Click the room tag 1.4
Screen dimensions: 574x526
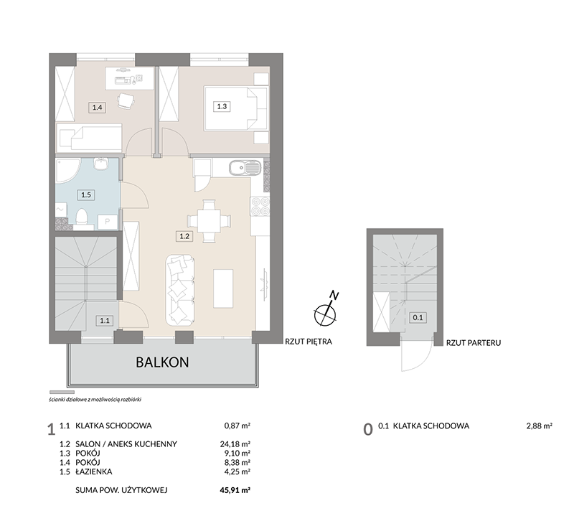pos(97,108)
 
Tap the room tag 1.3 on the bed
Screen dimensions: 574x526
pos(222,106)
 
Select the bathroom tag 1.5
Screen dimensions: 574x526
pos(86,194)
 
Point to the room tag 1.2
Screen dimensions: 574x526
pos(184,237)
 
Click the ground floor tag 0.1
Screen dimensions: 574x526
pos(418,318)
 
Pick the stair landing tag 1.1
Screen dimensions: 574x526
pos(105,321)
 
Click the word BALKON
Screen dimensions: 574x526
pos(163,362)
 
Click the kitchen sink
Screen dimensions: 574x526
pos(245,168)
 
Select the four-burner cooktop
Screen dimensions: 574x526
pos(260,207)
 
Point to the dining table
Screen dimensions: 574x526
pos(209,221)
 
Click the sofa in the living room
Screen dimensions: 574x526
pos(180,290)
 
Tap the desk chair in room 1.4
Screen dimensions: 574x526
pos(126,100)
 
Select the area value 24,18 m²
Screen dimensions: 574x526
pos(235,444)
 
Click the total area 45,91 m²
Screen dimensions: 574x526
pos(235,490)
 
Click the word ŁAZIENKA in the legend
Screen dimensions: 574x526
pos(94,471)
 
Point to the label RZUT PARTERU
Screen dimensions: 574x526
pos(474,343)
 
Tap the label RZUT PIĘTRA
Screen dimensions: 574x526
pos(309,342)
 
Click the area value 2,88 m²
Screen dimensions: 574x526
pos(540,426)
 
